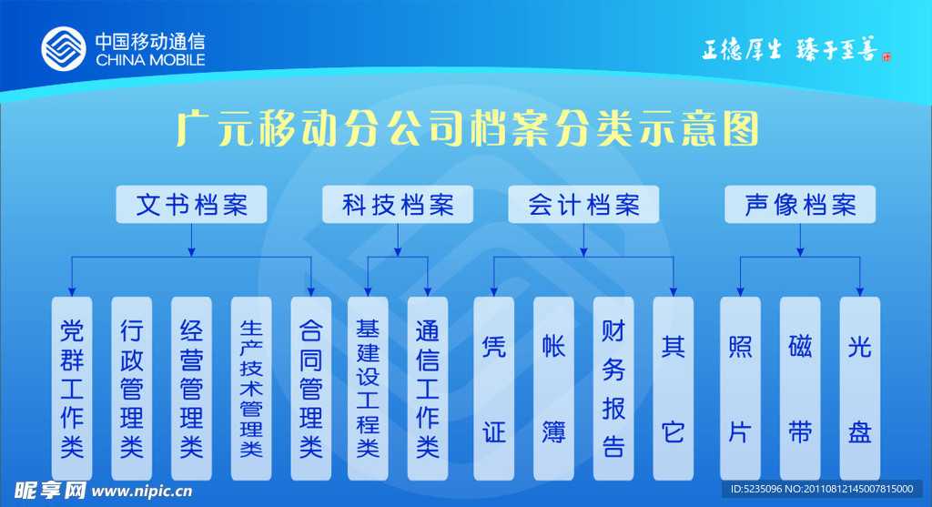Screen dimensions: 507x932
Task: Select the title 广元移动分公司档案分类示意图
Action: click(467, 129)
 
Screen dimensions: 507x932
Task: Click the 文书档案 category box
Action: click(191, 205)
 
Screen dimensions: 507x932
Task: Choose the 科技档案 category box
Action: click(399, 205)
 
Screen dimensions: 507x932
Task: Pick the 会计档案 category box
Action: click(584, 205)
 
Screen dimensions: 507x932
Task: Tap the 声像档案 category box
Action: click(800, 205)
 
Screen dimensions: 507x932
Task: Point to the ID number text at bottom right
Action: click(825, 490)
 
